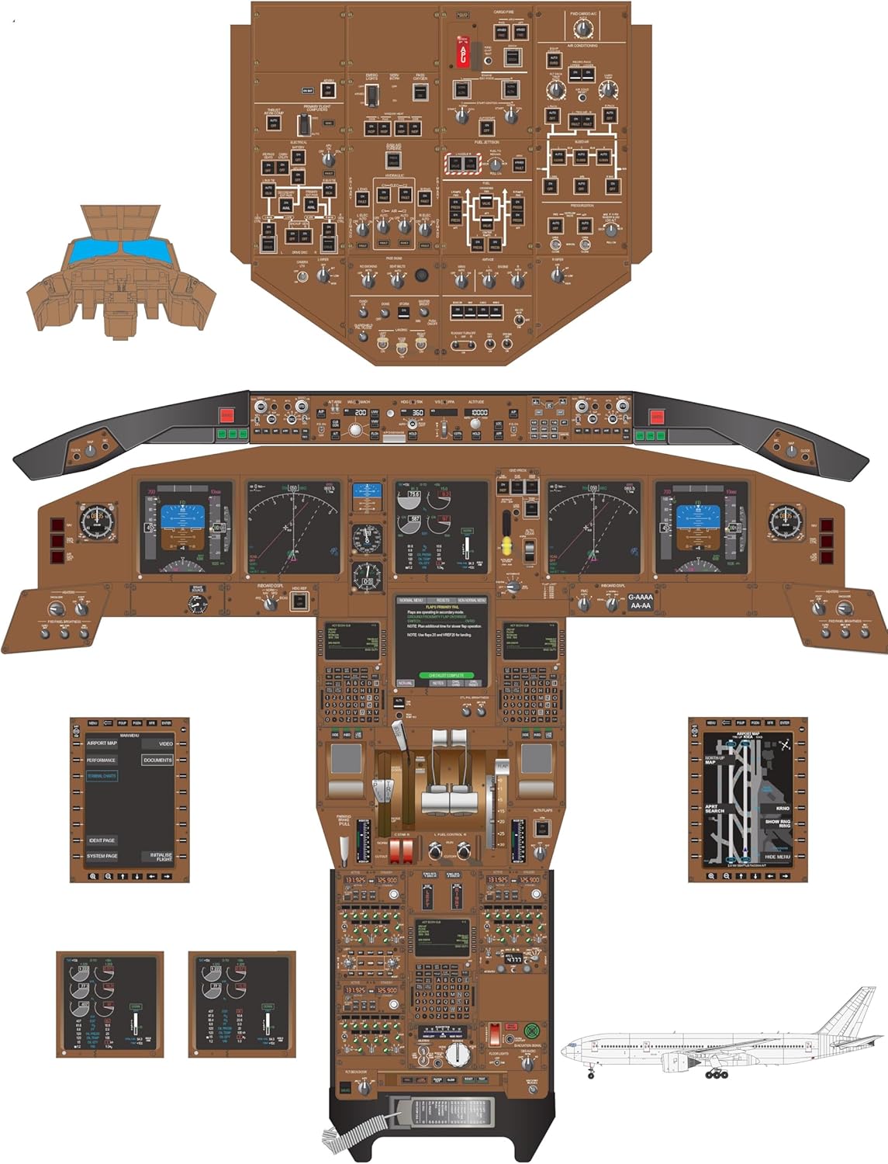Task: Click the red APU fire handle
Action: coord(462,51)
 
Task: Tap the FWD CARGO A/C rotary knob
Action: coord(582,29)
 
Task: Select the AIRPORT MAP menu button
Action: coord(102,743)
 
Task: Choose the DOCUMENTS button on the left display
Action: coord(157,760)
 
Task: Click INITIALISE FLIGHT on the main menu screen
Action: coord(161,857)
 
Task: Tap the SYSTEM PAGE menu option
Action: coord(102,856)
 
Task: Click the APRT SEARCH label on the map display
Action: coord(714,809)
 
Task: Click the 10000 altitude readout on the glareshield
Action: coord(479,413)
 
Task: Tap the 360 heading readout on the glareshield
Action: coord(417,413)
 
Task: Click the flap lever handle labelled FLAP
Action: coord(502,768)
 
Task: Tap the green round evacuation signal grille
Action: coord(531,1031)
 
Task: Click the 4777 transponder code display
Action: coord(514,959)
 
